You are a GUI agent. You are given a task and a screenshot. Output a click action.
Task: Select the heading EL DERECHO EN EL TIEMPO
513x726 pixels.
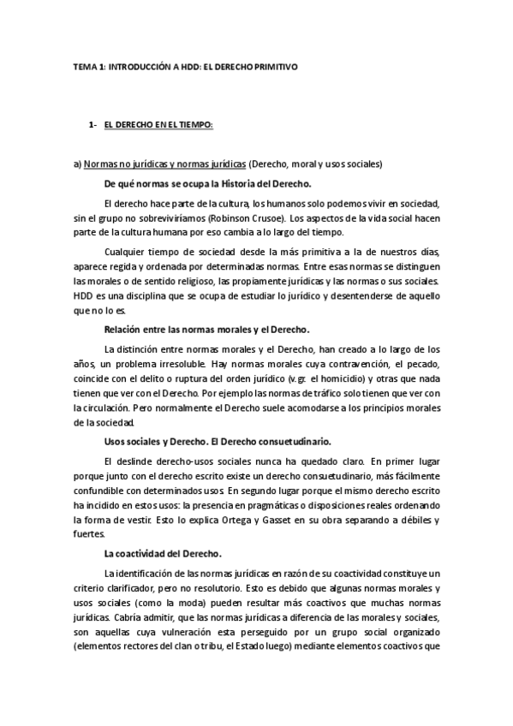tap(158, 125)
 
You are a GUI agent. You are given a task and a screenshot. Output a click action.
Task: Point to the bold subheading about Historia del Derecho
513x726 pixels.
tap(207, 185)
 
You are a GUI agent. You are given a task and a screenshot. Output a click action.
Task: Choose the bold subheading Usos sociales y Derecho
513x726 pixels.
tap(218, 441)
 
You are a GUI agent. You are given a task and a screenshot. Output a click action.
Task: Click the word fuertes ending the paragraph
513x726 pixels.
tap(88, 533)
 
